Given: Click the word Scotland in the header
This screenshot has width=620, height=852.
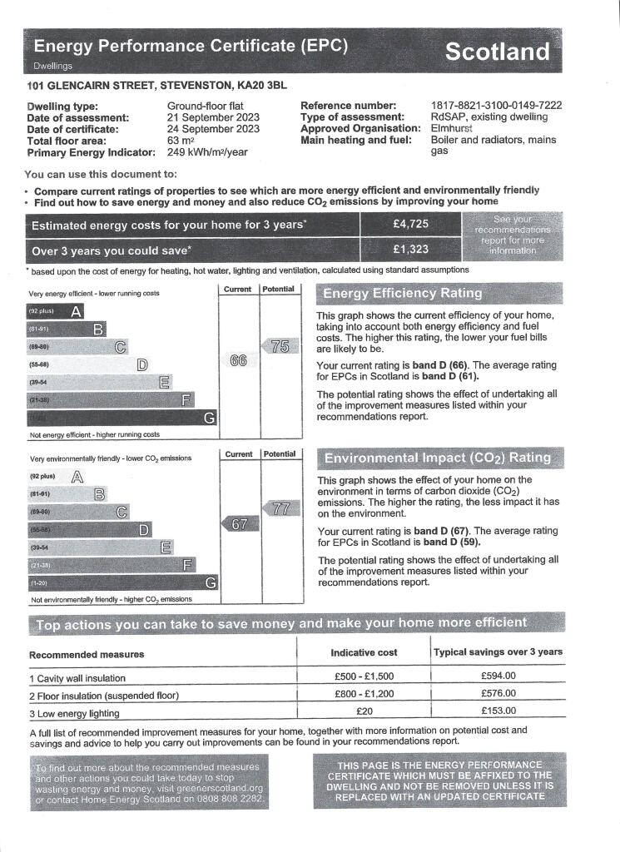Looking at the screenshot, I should (497, 52).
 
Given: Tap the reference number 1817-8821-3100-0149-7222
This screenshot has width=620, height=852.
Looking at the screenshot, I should (496, 106).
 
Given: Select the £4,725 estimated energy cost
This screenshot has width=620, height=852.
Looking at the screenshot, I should (410, 225).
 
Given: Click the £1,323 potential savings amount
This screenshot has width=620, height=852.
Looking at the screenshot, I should (410, 250).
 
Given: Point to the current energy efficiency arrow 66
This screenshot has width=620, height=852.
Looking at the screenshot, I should (238, 361).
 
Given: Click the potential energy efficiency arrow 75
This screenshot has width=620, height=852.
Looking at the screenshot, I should (280, 347).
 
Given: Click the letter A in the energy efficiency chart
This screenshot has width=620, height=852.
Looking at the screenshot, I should (76, 311).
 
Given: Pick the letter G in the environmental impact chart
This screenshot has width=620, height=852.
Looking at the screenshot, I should (211, 582).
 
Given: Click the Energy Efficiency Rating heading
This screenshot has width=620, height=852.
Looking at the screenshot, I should (402, 293).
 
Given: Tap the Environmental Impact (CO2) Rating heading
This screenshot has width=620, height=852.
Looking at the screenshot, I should (437, 458).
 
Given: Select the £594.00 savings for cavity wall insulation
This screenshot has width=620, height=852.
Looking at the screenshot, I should (498, 676).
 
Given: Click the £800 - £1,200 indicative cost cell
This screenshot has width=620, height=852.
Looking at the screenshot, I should (364, 694).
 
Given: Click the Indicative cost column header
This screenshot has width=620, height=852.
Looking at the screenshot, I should (364, 652).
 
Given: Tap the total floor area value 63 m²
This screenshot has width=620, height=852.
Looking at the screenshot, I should (181, 141).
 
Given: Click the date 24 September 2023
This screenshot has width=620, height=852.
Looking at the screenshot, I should (213, 129).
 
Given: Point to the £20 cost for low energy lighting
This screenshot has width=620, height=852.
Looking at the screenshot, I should (364, 711).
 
